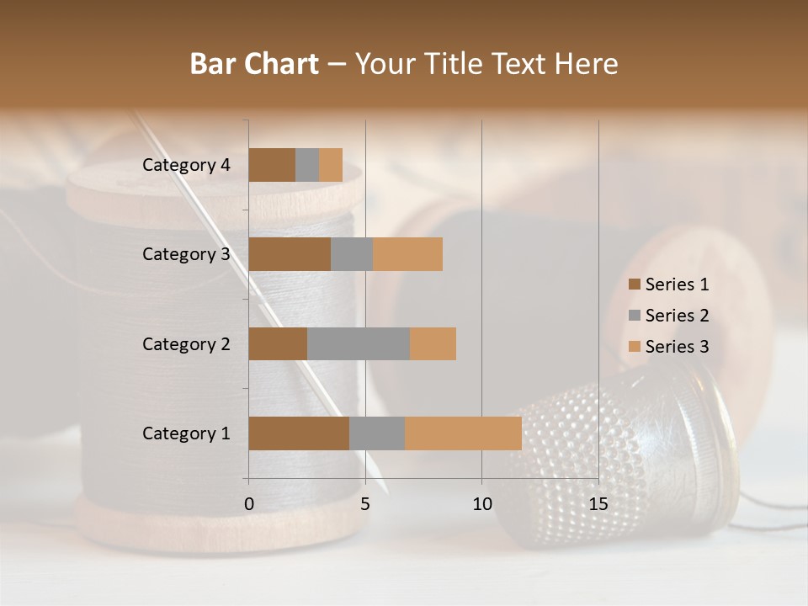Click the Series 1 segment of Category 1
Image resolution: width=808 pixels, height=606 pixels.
[299, 433]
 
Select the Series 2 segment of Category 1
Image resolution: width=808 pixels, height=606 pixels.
[377, 433]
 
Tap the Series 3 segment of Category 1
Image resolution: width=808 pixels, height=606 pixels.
[463, 433]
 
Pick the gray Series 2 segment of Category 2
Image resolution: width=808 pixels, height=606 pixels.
[359, 343]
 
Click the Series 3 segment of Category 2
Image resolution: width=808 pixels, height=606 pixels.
[433, 343]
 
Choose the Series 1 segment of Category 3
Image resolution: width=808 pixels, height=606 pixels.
[290, 254]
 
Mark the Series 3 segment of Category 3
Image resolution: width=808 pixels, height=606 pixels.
[407, 254]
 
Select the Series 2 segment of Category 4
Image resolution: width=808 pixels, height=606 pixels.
[307, 165]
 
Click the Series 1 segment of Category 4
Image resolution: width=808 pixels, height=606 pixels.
[272, 165]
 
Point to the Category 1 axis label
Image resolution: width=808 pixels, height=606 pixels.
[185, 433]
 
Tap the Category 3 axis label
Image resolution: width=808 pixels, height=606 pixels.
[185, 254]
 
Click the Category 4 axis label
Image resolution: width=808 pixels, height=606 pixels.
[185, 165]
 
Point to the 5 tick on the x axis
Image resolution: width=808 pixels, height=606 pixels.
[365, 504]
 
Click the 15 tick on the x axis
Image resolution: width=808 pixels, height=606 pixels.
[598, 504]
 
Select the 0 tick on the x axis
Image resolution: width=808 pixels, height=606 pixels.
[249, 504]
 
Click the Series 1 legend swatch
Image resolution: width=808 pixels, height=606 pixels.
[634, 284]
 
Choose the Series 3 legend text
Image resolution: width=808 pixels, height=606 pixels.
[677, 347]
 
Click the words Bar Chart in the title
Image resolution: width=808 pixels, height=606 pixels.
[254, 64]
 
